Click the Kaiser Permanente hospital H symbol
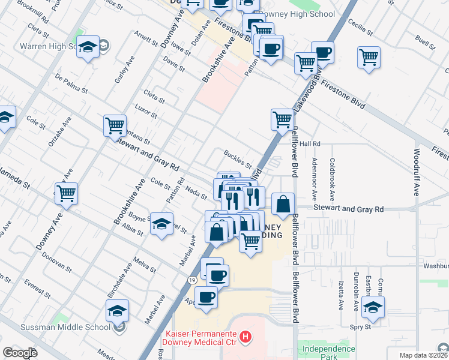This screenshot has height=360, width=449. (245, 338)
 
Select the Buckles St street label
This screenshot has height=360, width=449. (238, 159)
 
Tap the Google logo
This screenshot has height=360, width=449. (20, 353)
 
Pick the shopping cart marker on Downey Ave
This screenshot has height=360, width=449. (66, 193)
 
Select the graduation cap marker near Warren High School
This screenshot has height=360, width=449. (88, 47)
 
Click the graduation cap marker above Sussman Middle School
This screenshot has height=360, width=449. (117, 310)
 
